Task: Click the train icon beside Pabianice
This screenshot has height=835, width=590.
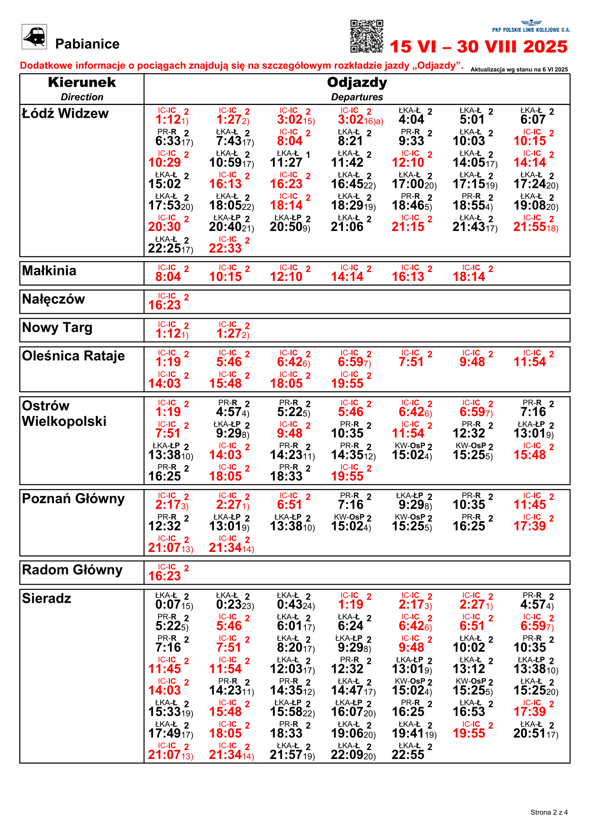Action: (34, 37)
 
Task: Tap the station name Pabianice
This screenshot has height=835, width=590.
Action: (87, 44)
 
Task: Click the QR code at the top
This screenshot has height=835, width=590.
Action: (367, 36)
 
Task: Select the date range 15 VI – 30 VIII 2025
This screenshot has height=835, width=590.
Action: (478, 47)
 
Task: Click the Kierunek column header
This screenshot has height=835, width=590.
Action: (82, 83)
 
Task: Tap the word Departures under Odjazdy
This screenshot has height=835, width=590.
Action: (357, 97)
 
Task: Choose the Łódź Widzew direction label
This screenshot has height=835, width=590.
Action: (65, 114)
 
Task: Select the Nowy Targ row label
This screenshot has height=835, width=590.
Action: (57, 328)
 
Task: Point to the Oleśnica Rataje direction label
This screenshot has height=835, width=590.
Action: (73, 356)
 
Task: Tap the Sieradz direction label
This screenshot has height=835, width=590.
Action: (46, 599)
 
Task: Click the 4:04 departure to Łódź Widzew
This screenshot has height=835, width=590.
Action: (411, 119)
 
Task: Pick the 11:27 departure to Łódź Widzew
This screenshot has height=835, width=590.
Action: (286, 162)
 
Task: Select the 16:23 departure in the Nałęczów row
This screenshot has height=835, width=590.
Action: (164, 305)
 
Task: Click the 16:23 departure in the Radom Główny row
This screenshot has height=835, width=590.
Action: (164, 576)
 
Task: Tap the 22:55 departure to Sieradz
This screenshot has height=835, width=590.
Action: (408, 755)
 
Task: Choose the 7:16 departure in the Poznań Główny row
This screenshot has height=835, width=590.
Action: (351, 505)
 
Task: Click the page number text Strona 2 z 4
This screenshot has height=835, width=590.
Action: (549, 813)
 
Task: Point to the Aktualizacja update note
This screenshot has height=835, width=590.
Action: (519, 70)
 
